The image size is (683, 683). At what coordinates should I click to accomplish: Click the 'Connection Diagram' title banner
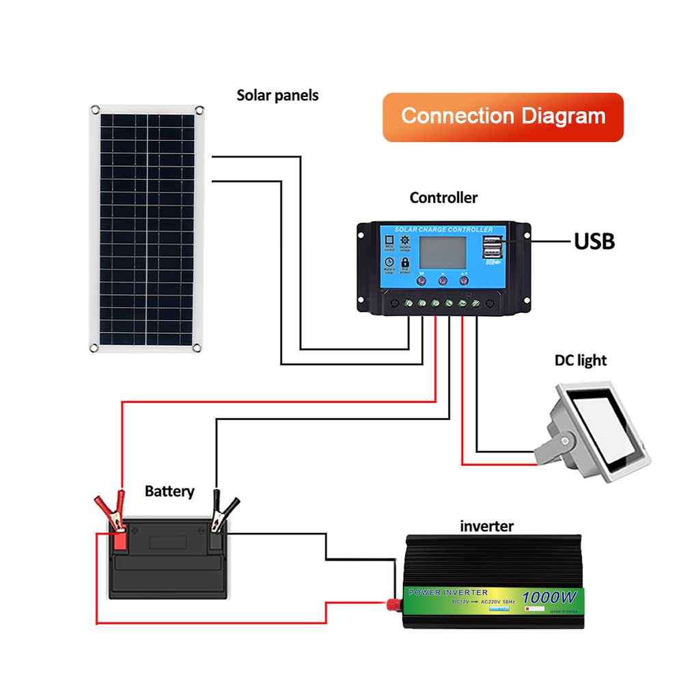pyautogui.click(x=503, y=117)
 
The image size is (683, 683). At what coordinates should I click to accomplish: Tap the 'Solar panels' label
pyautogui.click(x=277, y=96)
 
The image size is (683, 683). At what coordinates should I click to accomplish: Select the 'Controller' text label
pyautogui.click(x=443, y=198)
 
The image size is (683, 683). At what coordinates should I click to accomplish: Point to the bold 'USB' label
pyautogui.click(x=594, y=241)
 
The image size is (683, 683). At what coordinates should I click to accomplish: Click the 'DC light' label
pyautogui.click(x=580, y=360)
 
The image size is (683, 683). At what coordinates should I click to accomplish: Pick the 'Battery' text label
pyautogui.click(x=169, y=491)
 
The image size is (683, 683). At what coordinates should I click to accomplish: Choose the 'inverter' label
pyautogui.click(x=486, y=526)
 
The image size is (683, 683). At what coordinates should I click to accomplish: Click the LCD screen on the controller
pyautogui.click(x=443, y=252)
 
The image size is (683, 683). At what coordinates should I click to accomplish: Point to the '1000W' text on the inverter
pyautogui.click(x=550, y=597)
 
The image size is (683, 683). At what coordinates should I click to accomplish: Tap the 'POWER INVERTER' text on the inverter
pyautogui.click(x=448, y=592)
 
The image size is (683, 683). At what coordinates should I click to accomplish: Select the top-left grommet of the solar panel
pyautogui.click(x=95, y=109)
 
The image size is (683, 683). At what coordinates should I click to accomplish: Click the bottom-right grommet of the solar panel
pyautogui.click(x=197, y=348)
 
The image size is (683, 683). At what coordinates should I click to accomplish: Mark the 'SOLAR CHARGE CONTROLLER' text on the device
pyautogui.click(x=443, y=229)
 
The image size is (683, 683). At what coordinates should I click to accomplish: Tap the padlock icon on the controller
pyautogui.click(x=405, y=262)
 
